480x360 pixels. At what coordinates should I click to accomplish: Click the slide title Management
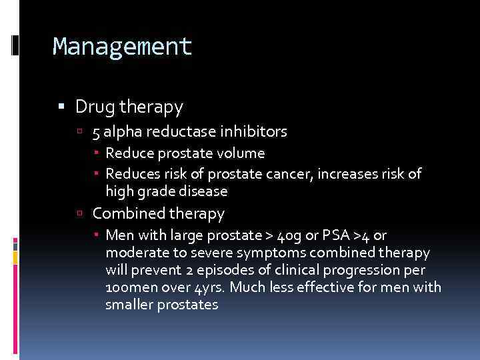pyautogui.click(x=122, y=47)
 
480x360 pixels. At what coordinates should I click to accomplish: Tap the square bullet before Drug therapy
pyautogui.click(x=62, y=107)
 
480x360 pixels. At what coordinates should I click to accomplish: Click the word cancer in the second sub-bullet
pyautogui.click(x=292, y=174)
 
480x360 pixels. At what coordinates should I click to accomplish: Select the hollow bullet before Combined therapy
pyautogui.click(x=79, y=214)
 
